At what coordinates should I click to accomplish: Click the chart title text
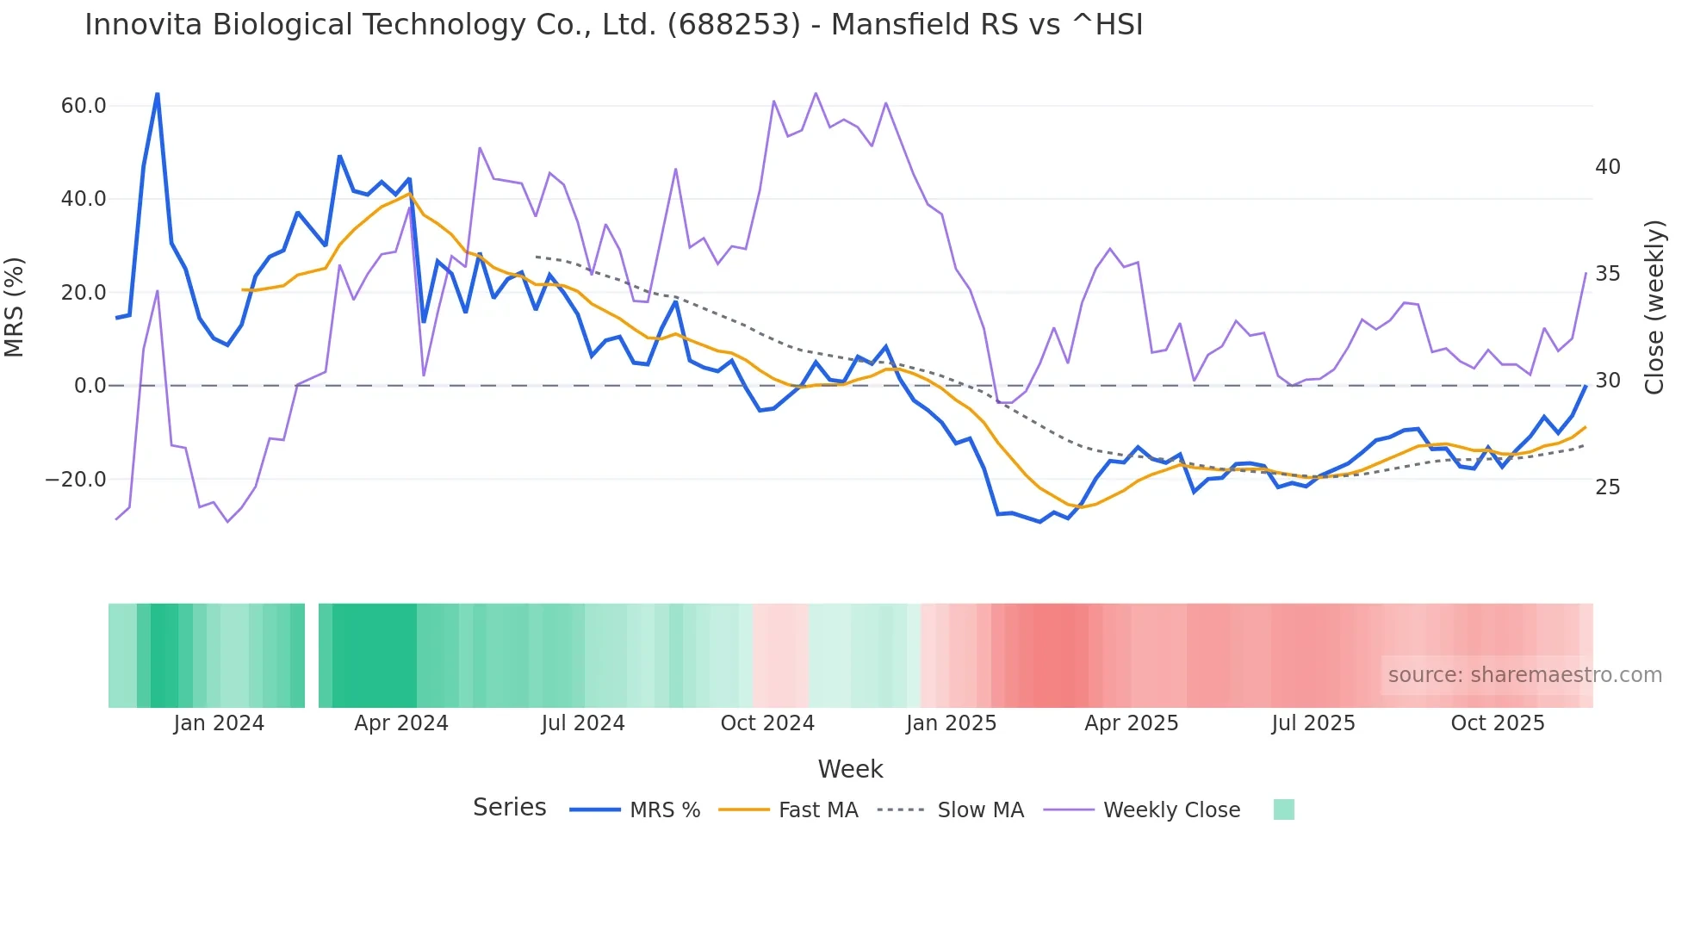coord(613,25)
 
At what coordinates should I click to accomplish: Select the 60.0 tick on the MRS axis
coord(84,106)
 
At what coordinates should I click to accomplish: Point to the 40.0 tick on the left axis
coord(84,199)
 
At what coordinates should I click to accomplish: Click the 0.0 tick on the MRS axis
coord(90,386)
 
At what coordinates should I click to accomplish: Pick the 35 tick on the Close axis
coord(1607,274)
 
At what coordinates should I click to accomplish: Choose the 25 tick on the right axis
coord(1607,487)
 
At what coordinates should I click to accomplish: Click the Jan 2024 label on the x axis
coord(219,723)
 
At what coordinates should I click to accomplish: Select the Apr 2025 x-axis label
coord(1131,723)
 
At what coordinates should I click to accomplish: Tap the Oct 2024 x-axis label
coord(767,723)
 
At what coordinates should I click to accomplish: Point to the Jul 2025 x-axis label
coord(1313,723)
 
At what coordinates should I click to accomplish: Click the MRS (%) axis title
coord(15,307)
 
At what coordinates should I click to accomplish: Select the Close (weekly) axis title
coord(1654,307)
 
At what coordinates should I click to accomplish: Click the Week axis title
coord(850,769)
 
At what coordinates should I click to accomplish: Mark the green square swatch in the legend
coord(1283,809)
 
